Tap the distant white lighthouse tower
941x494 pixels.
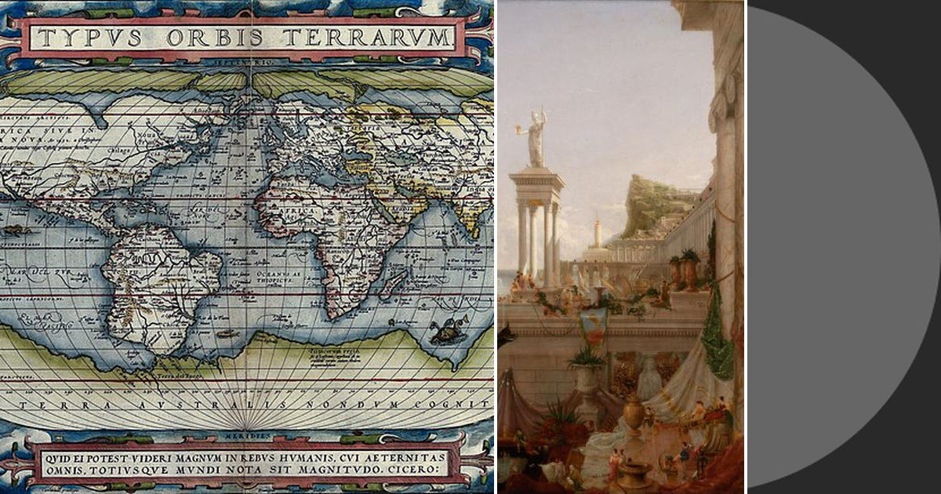tap(598, 234)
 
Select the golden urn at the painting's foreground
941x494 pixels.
tap(634, 411)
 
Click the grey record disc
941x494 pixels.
tap(843, 247)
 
